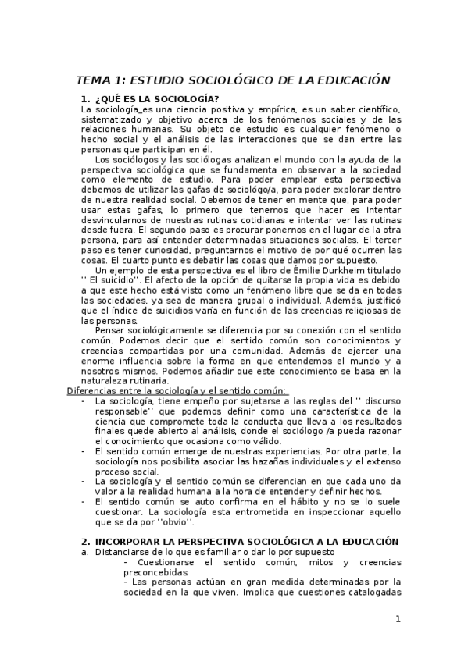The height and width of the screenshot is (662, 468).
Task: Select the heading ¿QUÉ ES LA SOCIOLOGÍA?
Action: coord(145,98)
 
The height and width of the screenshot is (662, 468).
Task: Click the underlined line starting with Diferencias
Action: coord(177,391)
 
